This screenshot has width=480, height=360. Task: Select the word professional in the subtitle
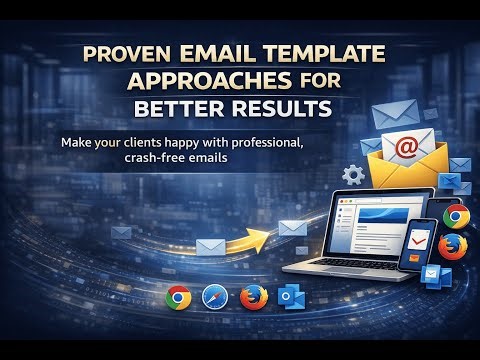click(x=261, y=141)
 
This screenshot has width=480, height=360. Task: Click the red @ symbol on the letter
click(x=405, y=148)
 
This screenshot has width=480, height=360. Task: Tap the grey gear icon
click(x=352, y=176)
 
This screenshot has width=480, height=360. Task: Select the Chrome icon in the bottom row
click(x=179, y=296)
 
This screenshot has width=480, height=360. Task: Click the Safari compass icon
click(x=217, y=296)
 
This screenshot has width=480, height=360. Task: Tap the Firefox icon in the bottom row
click(x=254, y=296)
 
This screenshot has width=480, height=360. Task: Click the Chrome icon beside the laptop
click(x=457, y=216)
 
